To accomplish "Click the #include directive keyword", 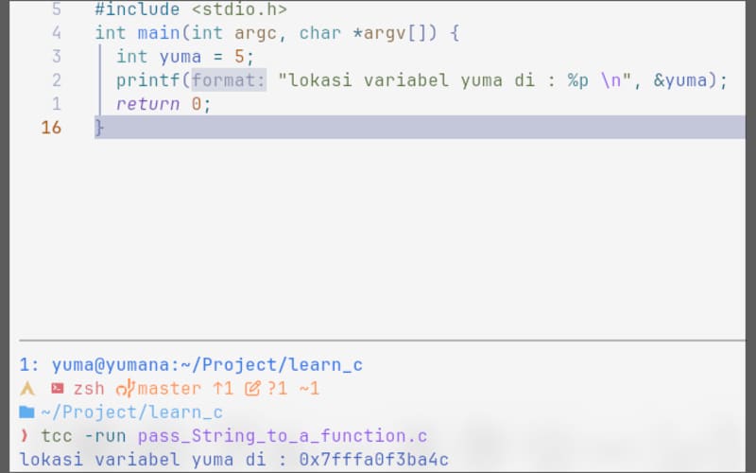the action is pos(136,9).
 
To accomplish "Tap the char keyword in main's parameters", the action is pos(319,33).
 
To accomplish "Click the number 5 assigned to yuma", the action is pos(239,57).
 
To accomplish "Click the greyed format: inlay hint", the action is pos(229,80).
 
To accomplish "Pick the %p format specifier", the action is pos(577,80).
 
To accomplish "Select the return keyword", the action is pos(147,104).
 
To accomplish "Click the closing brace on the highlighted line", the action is pos(99,128).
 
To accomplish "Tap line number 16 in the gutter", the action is pos(51,128).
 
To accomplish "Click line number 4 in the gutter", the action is pos(57,33).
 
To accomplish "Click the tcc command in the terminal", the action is pos(58,436).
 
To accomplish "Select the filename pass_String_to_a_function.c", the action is pos(283,436).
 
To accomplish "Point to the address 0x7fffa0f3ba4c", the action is pos(373,460).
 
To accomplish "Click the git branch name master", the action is pos(169,389).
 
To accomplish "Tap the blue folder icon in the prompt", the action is pos(26,412).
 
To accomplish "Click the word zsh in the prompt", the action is pos(89,389).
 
